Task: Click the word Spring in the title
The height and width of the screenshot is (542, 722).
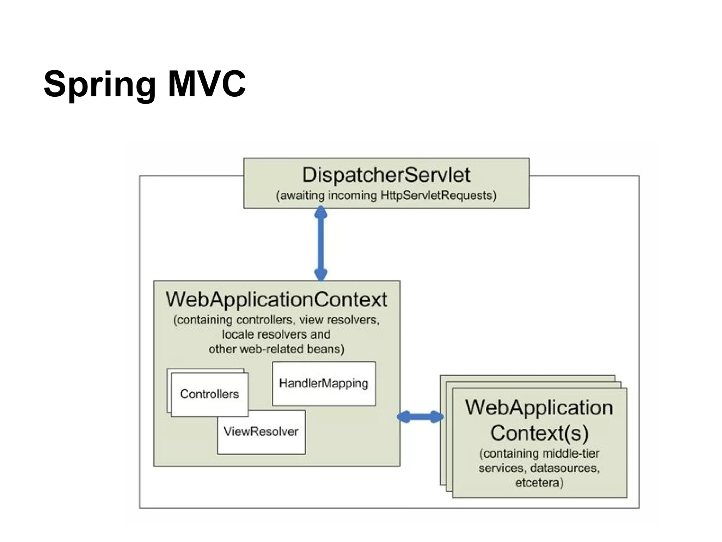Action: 99,85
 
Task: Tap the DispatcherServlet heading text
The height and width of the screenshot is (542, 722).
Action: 386,175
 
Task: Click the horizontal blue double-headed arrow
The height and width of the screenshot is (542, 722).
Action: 420,417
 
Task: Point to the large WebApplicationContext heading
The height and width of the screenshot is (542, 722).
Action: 276,300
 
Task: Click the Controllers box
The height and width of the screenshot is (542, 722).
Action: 209,394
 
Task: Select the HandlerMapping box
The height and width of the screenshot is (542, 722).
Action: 324,384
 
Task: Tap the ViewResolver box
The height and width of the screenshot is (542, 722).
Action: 261,432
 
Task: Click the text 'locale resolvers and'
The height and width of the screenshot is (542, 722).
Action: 276,335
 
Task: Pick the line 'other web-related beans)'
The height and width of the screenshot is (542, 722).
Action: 276,349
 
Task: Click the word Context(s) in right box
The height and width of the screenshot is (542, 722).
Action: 539,433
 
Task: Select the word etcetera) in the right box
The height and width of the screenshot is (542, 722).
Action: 539,483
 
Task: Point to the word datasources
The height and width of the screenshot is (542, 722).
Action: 565,468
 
